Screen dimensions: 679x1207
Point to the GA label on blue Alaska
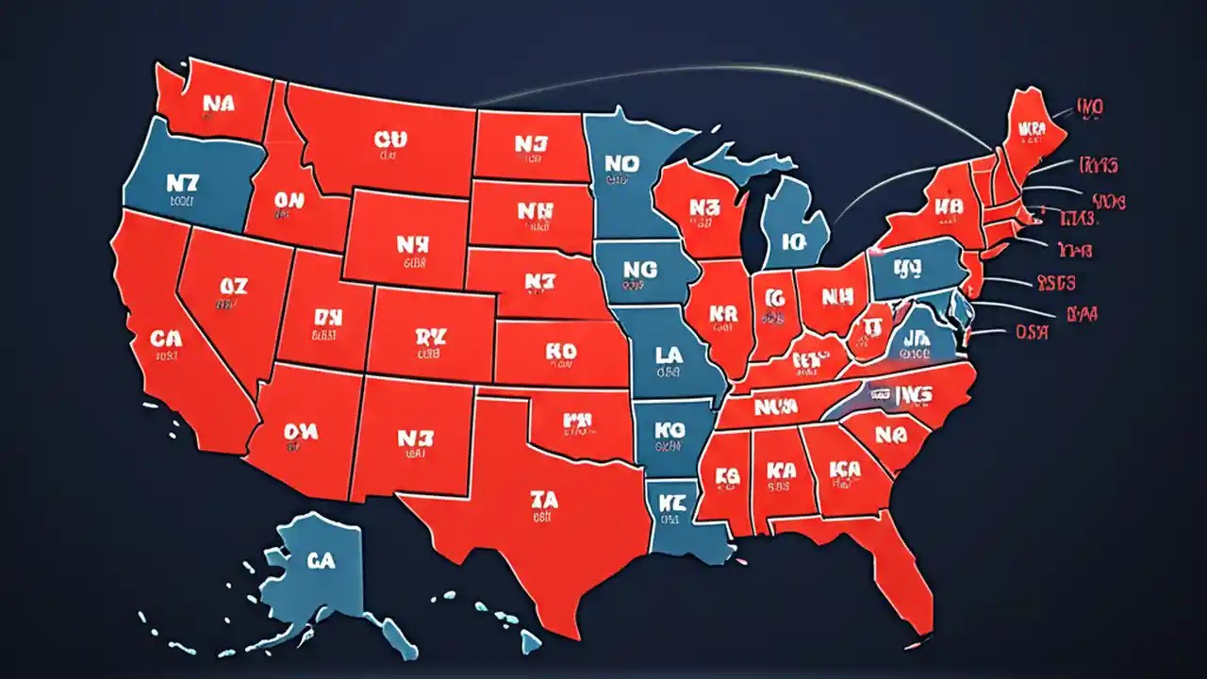click(x=321, y=559)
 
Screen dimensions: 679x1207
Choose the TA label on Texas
click(x=544, y=500)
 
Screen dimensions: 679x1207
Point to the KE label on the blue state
click(x=672, y=501)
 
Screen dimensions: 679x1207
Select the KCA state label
click(x=845, y=468)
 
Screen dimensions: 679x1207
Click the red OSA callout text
click(x=1034, y=331)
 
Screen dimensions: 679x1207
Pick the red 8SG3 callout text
click(x=1056, y=282)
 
